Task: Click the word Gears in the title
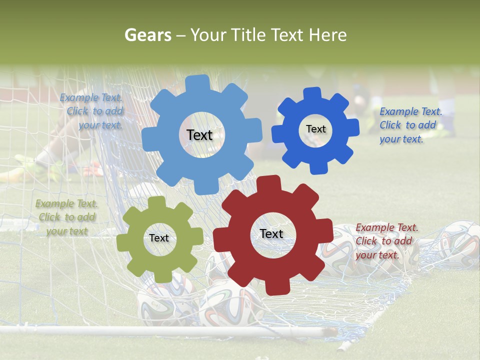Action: [147, 35]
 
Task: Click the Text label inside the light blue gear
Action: [199, 135]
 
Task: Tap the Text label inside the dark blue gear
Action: [315, 129]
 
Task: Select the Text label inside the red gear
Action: [271, 234]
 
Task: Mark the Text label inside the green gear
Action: [159, 238]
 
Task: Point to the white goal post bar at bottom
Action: [150, 330]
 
